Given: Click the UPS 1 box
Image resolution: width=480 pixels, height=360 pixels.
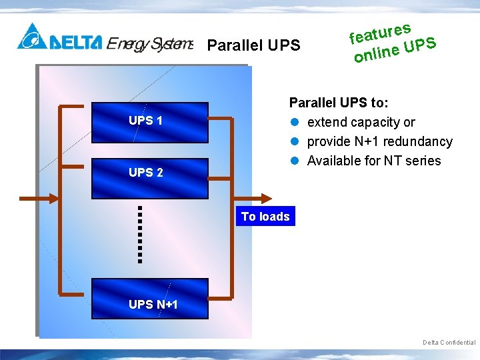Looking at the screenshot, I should (149, 122).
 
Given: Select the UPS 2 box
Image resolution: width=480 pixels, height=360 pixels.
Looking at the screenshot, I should (149, 175).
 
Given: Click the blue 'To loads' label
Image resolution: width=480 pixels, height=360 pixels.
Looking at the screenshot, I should (265, 216).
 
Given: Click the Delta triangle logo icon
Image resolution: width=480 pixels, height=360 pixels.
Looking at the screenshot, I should (31, 37).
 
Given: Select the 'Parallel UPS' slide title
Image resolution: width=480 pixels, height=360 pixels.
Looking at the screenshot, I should (254, 46).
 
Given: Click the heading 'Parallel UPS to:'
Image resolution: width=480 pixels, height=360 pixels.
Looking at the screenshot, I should (339, 103).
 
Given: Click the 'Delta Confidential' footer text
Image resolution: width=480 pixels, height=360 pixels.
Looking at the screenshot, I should (449, 343).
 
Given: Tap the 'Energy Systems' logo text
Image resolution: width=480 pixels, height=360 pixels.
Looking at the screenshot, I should (150, 44).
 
